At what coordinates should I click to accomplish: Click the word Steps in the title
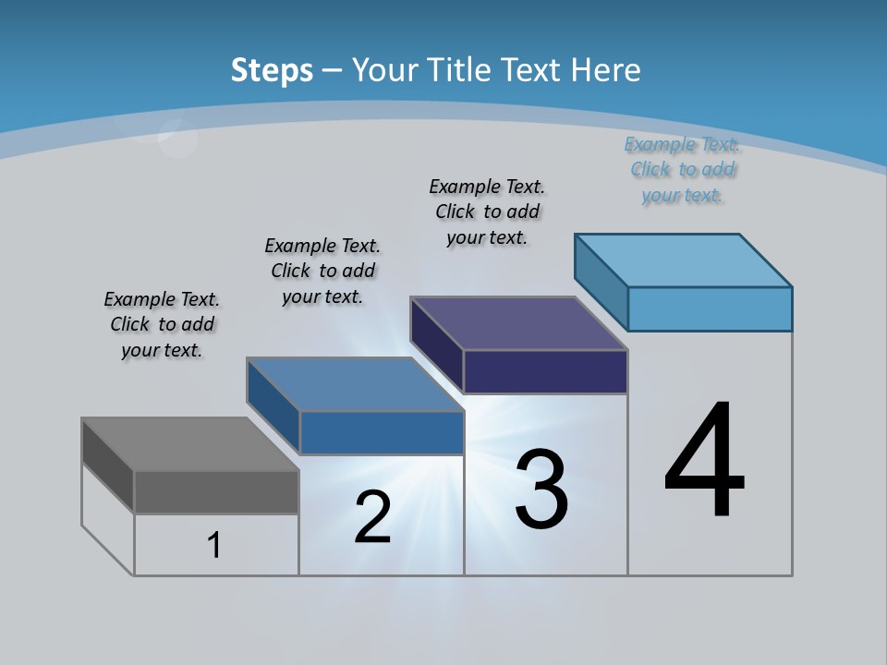point(272,70)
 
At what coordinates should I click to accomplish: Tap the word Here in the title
point(606,70)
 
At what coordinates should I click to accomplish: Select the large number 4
point(704,462)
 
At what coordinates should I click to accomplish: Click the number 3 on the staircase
point(541,490)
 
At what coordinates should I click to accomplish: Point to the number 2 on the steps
point(372,517)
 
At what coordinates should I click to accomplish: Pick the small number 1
point(214,545)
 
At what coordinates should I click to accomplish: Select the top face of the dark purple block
point(518,323)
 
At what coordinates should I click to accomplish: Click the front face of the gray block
point(216,491)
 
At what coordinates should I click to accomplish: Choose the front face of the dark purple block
point(545,371)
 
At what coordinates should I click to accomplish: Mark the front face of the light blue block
point(710,308)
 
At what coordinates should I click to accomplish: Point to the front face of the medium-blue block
point(381,432)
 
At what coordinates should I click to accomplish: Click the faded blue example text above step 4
point(682,170)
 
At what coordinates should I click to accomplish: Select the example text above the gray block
point(162,324)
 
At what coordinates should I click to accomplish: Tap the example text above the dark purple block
point(487,212)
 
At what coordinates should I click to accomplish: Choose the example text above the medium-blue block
point(322,271)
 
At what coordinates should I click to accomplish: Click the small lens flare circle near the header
point(176,139)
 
